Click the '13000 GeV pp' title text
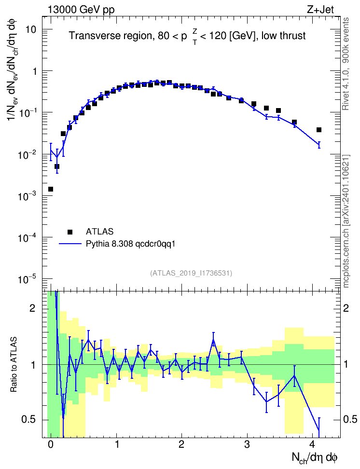tap(81, 10)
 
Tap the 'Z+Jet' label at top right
tap(320, 10)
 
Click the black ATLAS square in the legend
tap(70, 232)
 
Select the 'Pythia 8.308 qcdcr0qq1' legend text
tap(130, 244)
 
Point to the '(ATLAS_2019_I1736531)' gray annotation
tap(191, 273)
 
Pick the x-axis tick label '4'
tap(312, 445)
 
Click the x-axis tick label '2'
tap(181, 445)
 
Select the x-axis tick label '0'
tap(51, 445)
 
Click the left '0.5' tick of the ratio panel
tap(28, 420)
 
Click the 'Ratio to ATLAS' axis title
tap(14, 365)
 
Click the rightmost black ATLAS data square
tap(319, 130)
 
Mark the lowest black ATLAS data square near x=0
tap(51, 189)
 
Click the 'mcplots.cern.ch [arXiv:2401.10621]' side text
tap(346, 221)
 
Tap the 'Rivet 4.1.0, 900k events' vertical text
tap(346, 64)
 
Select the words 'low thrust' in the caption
tap(283, 36)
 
